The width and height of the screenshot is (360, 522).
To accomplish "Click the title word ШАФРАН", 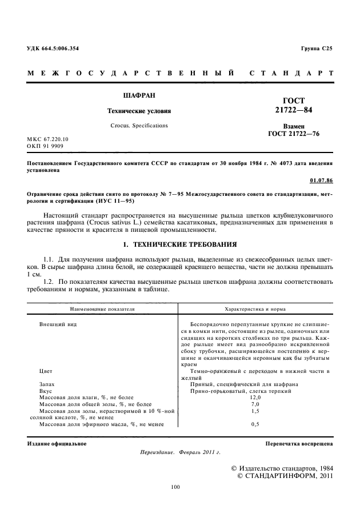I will pyautogui.click(x=136, y=95).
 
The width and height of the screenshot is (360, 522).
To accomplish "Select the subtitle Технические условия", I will pyautogui.click(x=136, y=111).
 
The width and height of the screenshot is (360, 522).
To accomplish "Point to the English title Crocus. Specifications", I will pyautogui.click(x=136, y=125).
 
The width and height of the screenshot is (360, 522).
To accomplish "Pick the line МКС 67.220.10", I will pyautogui.click(x=47, y=139).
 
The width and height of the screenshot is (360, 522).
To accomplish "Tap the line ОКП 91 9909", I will pyautogui.click(x=45, y=146).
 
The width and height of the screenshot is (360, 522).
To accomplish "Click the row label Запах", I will pyautogui.click(x=47, y=384).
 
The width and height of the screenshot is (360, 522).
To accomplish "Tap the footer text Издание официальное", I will pyautogui.click(x=57, y=443).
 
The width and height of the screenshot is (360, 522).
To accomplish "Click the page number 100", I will pyautogui.click(x=175, y=487).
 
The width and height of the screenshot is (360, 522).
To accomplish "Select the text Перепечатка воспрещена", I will pyautogui.click(x=299, y=443).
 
